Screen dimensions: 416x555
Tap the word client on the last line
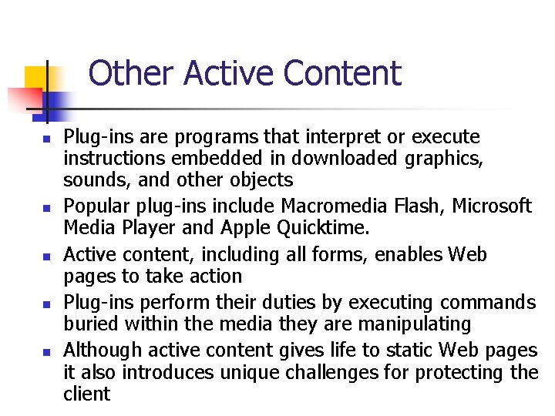(x=86, y=394)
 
